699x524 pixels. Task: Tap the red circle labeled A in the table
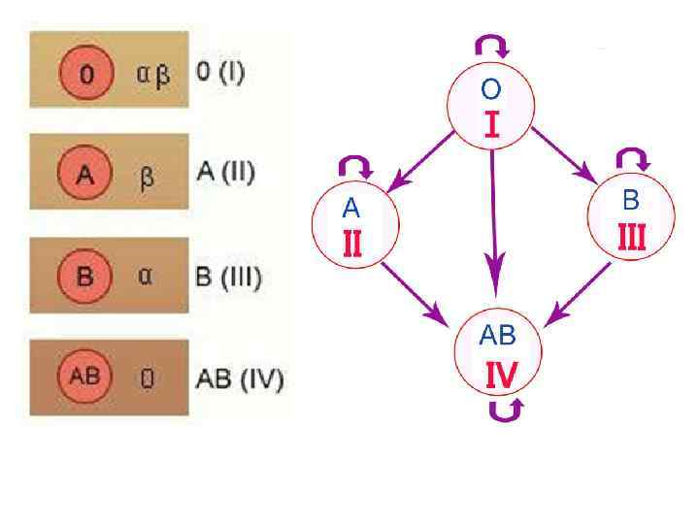click(x=84, y=176)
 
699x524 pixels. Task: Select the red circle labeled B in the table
click(x=84, y=277)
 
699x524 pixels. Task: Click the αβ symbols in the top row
click(x=151, y=75)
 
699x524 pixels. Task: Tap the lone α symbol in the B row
click(x=146, y=278)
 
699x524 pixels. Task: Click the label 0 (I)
click(x=220, y=73)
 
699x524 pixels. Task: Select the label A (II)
click(x=225, y=174)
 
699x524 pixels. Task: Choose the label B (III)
click(x=229, y=277)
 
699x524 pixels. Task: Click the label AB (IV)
click(x=240, y=377)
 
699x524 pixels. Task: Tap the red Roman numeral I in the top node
click(x=491, y=125)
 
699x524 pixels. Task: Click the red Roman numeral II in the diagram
click(x=352, y=242)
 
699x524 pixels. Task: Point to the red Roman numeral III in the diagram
click(x=631, y=237)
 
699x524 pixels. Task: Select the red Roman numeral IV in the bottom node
click(x=500, y=375)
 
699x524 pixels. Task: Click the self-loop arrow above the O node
click(x=491, y=44)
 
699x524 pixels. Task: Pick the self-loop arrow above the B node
click(x=633, y=158)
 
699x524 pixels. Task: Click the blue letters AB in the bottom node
click(x=497, y=337)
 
